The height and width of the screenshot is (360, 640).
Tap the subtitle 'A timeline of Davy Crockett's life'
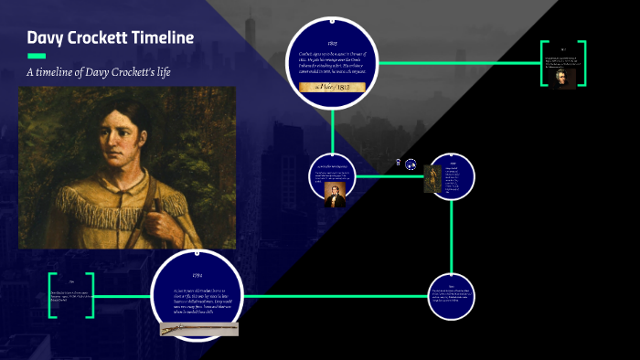click(112, 72)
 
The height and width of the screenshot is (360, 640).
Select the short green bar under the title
click(37, 57)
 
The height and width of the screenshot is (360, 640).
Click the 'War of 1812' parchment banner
click(333, 87)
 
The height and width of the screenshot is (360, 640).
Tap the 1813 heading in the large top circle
click(333, 43)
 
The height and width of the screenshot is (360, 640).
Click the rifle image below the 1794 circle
click(199, 327)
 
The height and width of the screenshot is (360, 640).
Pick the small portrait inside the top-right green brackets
click(562, 78)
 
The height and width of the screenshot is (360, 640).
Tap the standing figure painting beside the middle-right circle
click(431, 178)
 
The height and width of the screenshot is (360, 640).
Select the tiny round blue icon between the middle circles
click(411, 164)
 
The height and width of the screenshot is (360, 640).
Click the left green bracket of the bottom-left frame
click(53, 294)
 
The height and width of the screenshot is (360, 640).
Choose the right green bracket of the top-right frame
click(581, 63)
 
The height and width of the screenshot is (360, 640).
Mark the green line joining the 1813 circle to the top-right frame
click(457, 63)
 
